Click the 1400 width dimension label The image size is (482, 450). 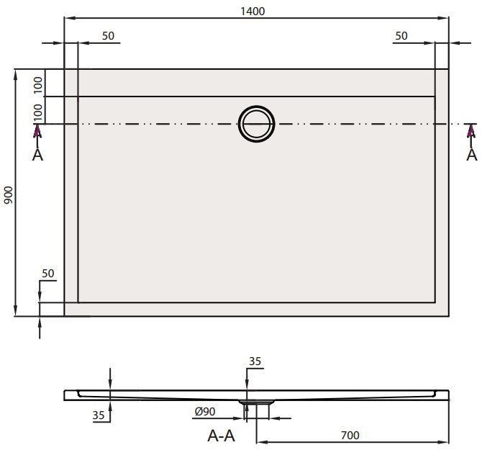click(x=257, y=10)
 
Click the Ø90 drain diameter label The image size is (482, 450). click(x=205, y=412)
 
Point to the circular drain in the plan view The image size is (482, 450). click(x=257, y=124)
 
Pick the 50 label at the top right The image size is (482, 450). click(x=401, y=36)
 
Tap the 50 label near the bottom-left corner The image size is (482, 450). click(x=48, y=274)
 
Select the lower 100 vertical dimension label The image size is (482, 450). click(x=38, y=112)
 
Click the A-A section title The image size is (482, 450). click(x=221, y=435)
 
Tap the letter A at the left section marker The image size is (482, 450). click(x=38, y=153)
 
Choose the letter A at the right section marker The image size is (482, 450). click(x=471, y=153)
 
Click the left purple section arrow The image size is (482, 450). click(x=38, y=131)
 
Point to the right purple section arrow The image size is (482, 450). click(x=471, y=131)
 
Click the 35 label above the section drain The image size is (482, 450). click(x=254, y=361)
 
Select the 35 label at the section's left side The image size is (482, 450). click(x=99, y=415)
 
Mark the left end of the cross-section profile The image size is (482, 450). click(x=67, y=394)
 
